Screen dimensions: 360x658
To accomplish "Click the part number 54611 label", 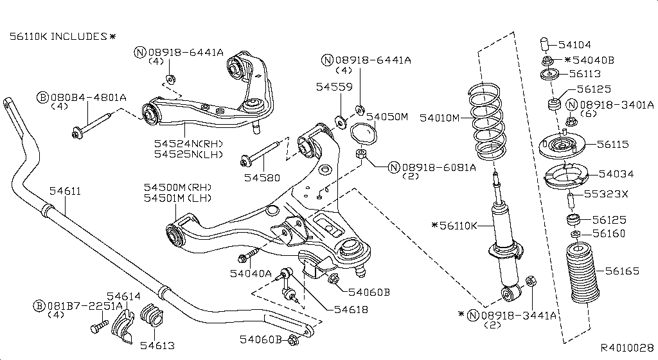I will pyautogui.click(x=66, y=191).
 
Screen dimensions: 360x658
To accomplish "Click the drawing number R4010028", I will pyautogui.click(x=627, y=347).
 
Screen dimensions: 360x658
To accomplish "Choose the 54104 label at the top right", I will pyautogui.click(x=574, y=45).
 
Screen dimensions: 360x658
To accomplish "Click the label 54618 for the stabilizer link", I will pyautogui.click(x=350, y=309).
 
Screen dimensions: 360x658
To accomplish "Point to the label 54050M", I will pyautogui.click(x=387, y=117).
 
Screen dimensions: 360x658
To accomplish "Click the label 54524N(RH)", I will pyautogui.click(x=189, y=144).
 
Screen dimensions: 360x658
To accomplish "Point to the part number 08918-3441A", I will pyautogui.click(x=519, y=314).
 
